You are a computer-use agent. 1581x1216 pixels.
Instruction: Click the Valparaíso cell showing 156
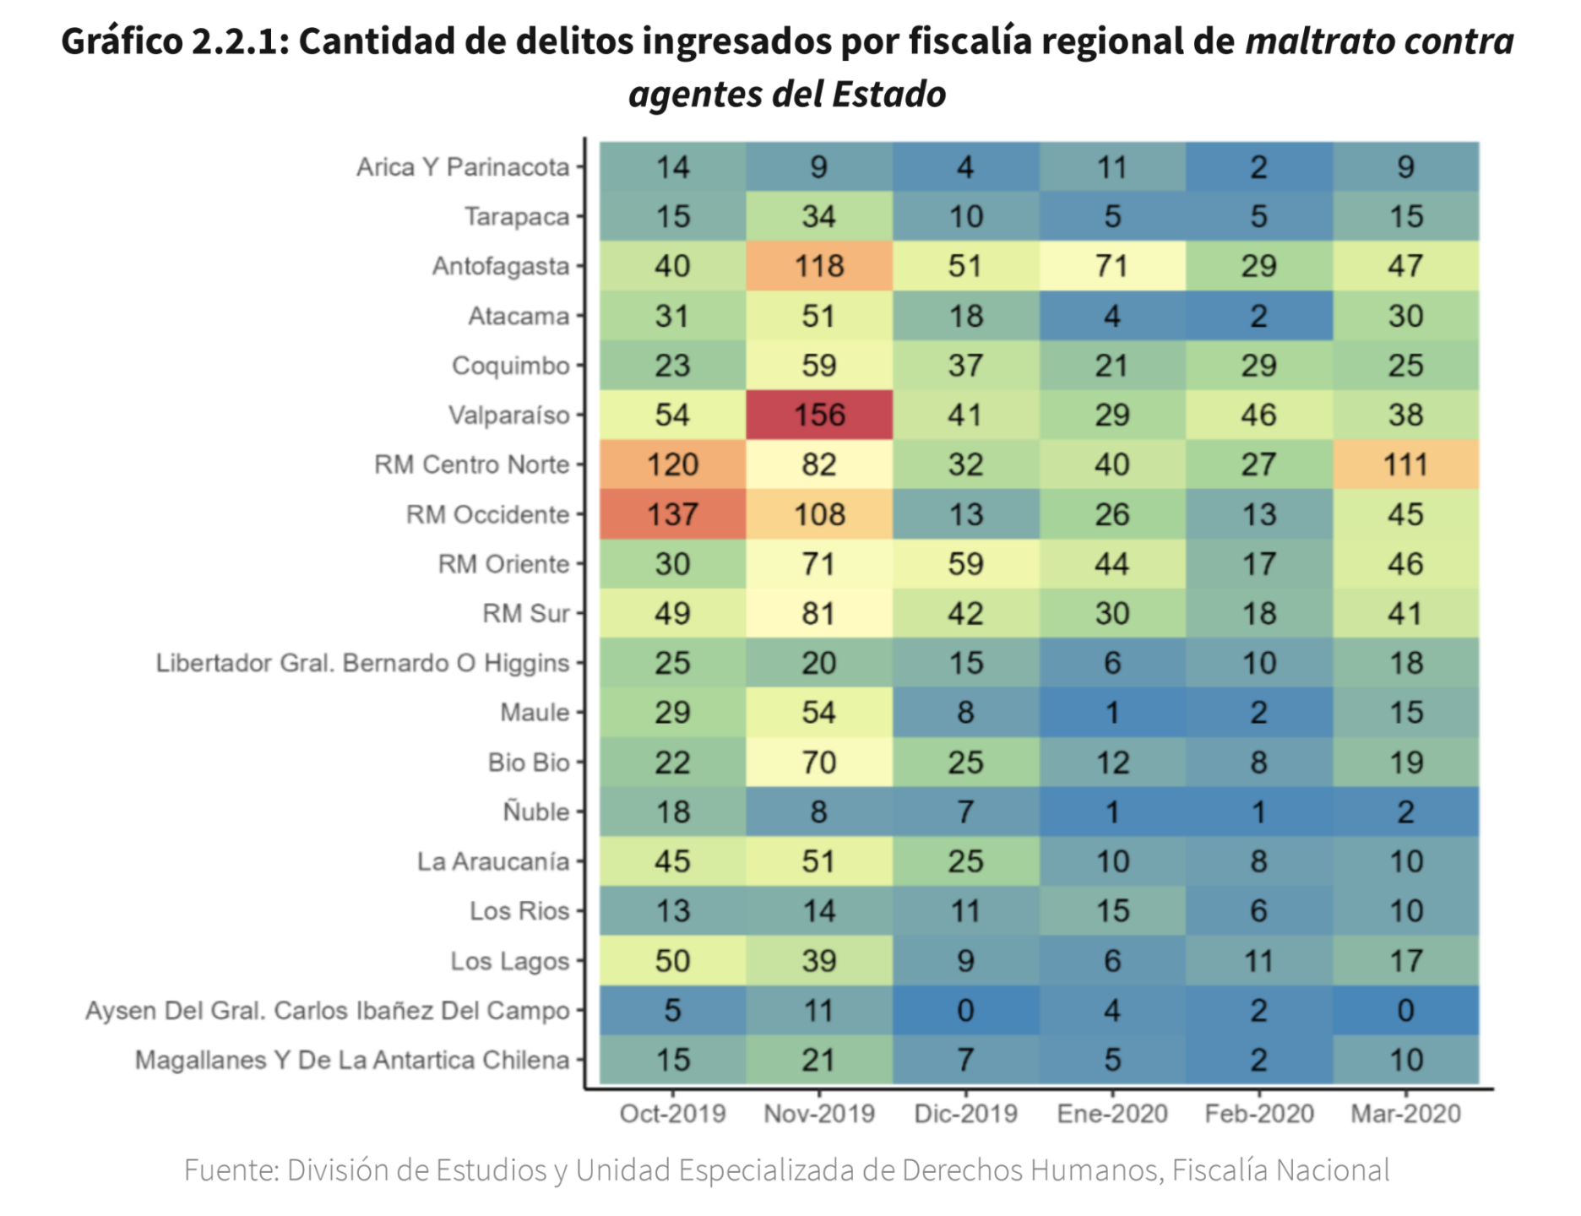[818, 415]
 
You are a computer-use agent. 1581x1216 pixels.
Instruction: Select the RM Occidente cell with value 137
[672, 514]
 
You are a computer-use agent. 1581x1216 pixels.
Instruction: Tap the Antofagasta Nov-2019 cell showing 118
[818, 266]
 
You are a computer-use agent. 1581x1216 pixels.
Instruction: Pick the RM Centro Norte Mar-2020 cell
[1405, 464]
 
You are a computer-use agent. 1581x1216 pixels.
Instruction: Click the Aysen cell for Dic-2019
[965, 1010]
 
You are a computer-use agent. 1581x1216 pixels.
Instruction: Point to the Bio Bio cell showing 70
[818, 763]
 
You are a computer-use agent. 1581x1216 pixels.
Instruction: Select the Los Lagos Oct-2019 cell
[672, 961]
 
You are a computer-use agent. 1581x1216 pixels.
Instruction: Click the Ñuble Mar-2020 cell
[1405, 812]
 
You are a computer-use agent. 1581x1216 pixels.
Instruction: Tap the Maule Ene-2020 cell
[1112, 713]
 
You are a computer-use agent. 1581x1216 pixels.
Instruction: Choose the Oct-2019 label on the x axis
[672, 1114]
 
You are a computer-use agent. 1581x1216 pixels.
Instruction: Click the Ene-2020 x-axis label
[1112, 1114]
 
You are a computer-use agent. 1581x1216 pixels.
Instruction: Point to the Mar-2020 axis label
[1405, 1114]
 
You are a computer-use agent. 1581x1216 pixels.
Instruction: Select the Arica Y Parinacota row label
[463, 167]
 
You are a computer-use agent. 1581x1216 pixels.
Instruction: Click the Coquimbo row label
[510, 366]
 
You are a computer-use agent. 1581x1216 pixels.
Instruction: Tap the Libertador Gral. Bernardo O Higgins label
[362, 663]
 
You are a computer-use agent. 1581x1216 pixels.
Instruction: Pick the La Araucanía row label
[493, 861]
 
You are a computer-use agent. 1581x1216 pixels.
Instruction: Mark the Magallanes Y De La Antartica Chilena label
[352, 1060]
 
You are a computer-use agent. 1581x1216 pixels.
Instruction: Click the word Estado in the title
[888, 94]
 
